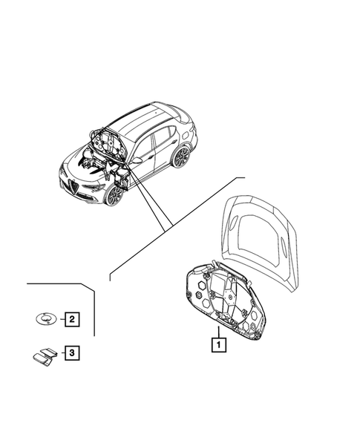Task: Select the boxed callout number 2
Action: [x=72, y=320]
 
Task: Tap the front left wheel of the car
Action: [x=113, y=194]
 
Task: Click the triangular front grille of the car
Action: [x=72, y=184]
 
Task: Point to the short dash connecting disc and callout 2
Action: [x=60, y=320]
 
